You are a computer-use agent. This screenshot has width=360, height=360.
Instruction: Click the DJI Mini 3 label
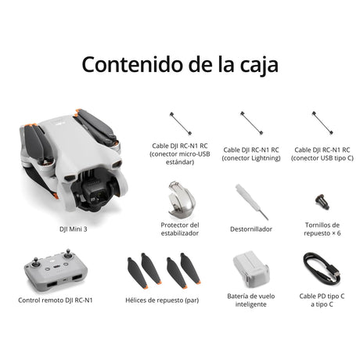(x=74, y=229)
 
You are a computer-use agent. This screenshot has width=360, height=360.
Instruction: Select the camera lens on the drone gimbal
(x=100, y=196)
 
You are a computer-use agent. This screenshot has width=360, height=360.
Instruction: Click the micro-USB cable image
(x=181, y=124)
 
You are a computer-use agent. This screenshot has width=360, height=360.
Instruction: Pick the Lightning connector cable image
(x=251, y=123)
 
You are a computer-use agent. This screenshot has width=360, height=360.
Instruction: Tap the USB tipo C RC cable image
(x=322, y=123)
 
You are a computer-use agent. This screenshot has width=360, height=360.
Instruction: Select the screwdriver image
(x=252, y=202)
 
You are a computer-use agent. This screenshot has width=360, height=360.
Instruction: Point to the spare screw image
(x=322, y=202)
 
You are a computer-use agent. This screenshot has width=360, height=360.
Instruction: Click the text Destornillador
(x=251, y=229)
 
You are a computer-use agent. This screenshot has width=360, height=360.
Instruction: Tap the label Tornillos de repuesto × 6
(x=322, y=229)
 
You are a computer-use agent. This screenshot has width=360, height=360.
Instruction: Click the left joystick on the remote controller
(x=36, y=263)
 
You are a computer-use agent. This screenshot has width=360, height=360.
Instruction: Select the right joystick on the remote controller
(x=68, y=254)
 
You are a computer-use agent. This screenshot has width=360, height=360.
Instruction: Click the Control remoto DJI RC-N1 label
(x=56, y=301)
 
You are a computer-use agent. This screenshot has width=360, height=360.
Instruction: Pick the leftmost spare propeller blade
(x=137, y=273)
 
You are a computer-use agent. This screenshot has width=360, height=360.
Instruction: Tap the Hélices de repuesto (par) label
(x=162, y=301)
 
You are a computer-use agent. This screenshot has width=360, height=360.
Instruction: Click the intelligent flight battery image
(x=250, y=269)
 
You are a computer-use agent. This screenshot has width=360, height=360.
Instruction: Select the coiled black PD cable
(x=322, y=268)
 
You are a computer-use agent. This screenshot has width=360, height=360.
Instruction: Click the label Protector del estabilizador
(x=180, y=229)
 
